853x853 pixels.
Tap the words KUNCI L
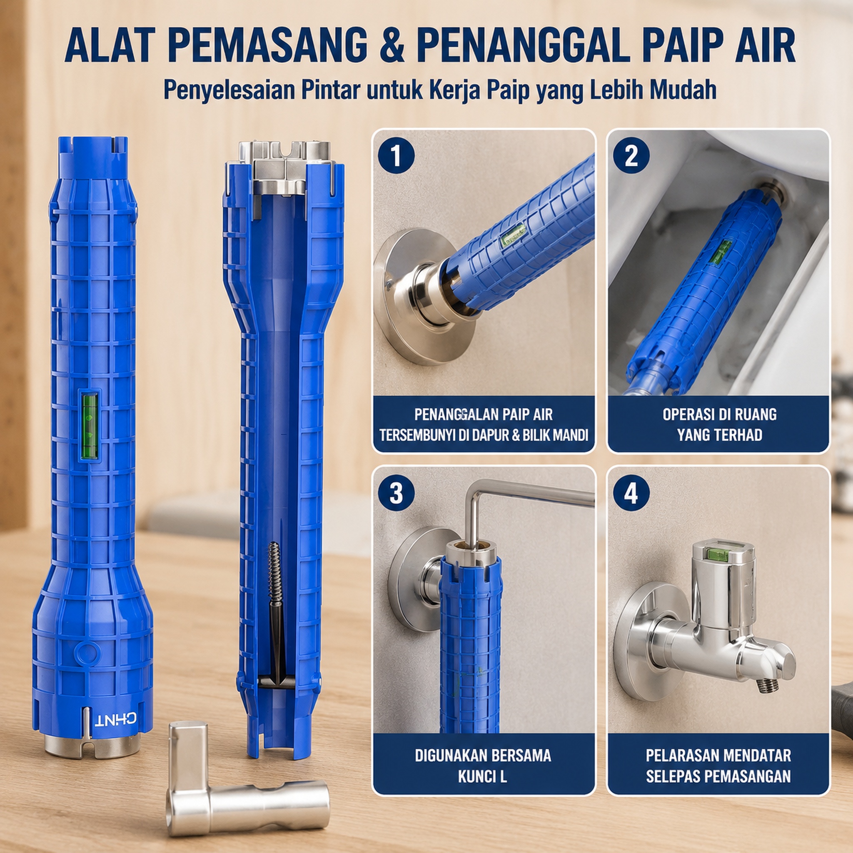(482, 777)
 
